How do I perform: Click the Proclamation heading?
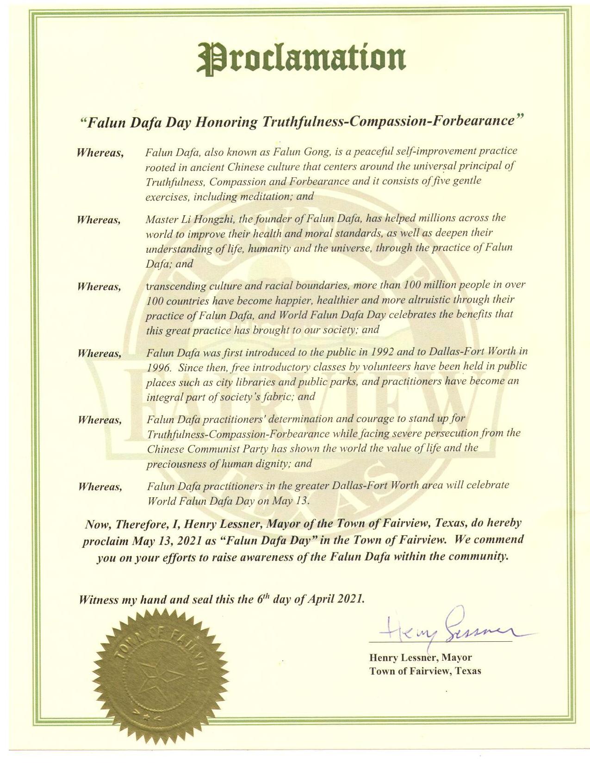click(x=302, y=58)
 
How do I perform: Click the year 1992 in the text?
click(x=382, y=351)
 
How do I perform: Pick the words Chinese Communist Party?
click(x=208, y=448)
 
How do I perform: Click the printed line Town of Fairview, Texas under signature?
click(x=425, y=670)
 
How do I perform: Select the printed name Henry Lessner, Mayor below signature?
click(x=420, y=657)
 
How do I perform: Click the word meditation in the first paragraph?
click(x=267, y=196)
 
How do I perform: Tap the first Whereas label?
click(x=100, y=152)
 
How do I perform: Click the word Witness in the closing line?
click(x=98, y=600)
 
